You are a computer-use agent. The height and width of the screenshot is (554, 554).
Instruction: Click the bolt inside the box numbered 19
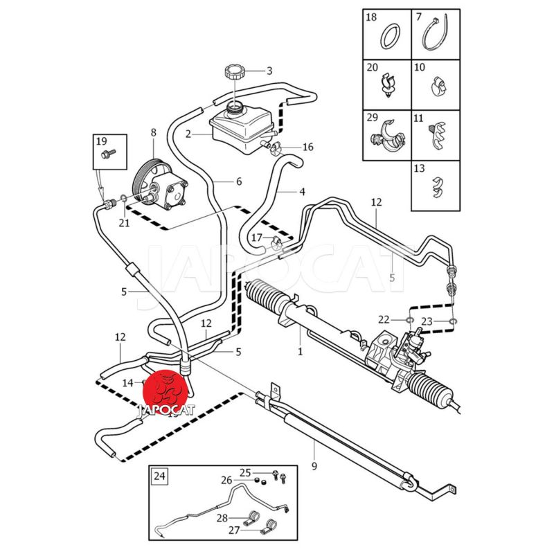coord(107,152)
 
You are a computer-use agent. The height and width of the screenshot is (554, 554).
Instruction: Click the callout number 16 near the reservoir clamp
coord(307,147)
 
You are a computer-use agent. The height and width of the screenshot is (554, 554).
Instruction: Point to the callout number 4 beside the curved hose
coord(302,191)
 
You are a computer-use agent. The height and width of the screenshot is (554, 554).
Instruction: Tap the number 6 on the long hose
coord(238,182)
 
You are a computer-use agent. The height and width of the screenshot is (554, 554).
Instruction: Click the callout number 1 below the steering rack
coord(300,351)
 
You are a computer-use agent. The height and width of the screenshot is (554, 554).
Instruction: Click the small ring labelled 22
coord(409,320)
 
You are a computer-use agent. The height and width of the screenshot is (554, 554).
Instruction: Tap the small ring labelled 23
coord(452,321)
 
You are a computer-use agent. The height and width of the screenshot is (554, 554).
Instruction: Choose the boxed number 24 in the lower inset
coord(160,476)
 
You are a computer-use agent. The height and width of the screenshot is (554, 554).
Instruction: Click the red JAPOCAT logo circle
coord(165,392)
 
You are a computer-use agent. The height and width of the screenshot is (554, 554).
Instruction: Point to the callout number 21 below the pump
coord(124,222)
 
